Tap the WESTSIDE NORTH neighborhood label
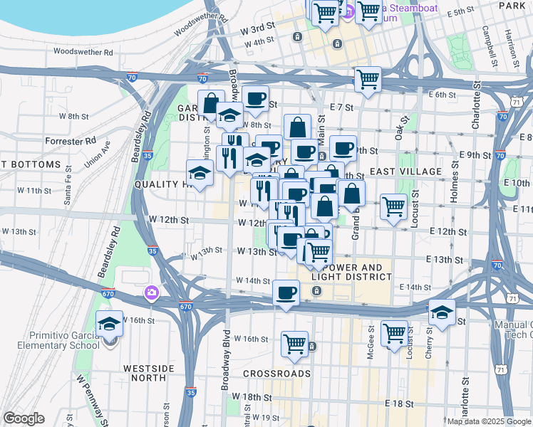point(149,374)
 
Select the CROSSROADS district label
point(276,373)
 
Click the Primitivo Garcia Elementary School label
point(50,339)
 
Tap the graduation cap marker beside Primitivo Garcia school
point(109,324)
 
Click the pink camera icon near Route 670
point(151,292)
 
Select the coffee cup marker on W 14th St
point(286,292)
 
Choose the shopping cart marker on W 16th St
point(294,344)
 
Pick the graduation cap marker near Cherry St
point(442,312)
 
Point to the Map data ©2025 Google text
point(488,421)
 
